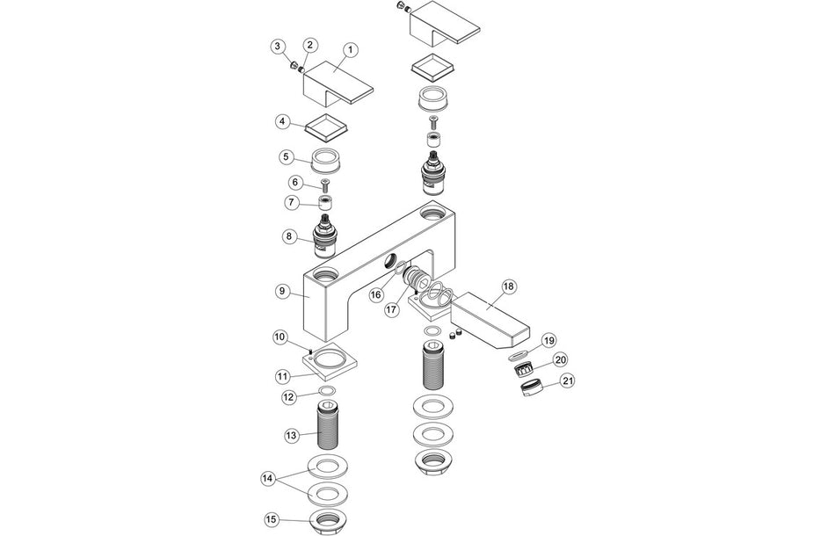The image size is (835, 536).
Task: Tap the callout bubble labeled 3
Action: [277, 46]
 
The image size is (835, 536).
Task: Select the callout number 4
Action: [282, 120]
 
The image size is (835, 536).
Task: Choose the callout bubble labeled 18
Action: [509, 286]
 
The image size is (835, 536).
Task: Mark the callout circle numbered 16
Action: [375, 295]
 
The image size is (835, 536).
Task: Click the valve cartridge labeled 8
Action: [326, 232]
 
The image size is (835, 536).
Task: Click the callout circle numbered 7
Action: [292, 202]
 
